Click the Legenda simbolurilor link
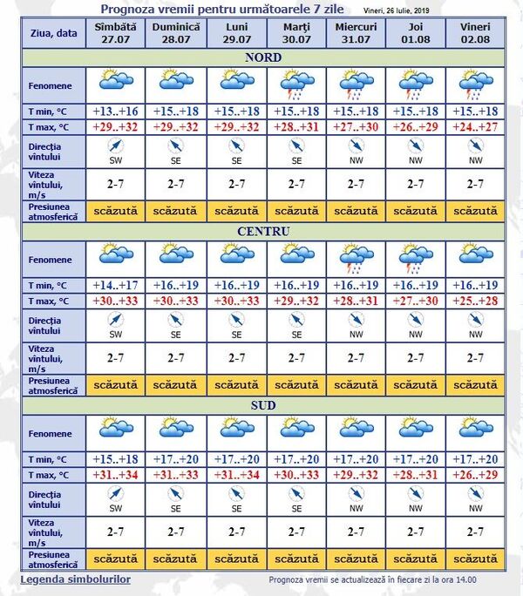(x=75, y=579)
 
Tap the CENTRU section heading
(x=261, y=232)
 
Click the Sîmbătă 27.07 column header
(x=116, y=34)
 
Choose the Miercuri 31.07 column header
(x=356, y=34)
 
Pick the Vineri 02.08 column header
(x=475, y=34)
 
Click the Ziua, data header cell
(x=52, y=34)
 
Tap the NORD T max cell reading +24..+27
(x=475, y=127)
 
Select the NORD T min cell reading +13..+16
(x=116, y=112)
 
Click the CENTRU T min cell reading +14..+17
(x=116, y=285)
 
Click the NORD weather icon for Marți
(x=295, y=85)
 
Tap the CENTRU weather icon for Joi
(x=415, y=258)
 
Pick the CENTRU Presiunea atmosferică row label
(x=52, y=384)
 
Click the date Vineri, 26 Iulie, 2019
(x=397, y=10)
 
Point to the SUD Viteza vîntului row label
(x=52, y=528)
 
